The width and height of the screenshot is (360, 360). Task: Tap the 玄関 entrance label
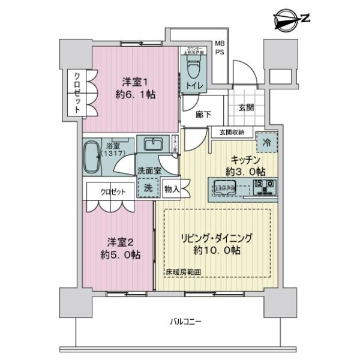click(x=245, y=109)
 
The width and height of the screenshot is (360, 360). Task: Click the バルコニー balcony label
click(x=185, y=323)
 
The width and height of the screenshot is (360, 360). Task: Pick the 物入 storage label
click(x=172, y=188)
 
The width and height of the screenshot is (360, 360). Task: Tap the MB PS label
click(x=221, y=49)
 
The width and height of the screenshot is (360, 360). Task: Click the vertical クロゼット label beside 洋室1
click(x=78, y=92)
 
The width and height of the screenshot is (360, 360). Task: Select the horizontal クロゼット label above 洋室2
click(x=113, y=192)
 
